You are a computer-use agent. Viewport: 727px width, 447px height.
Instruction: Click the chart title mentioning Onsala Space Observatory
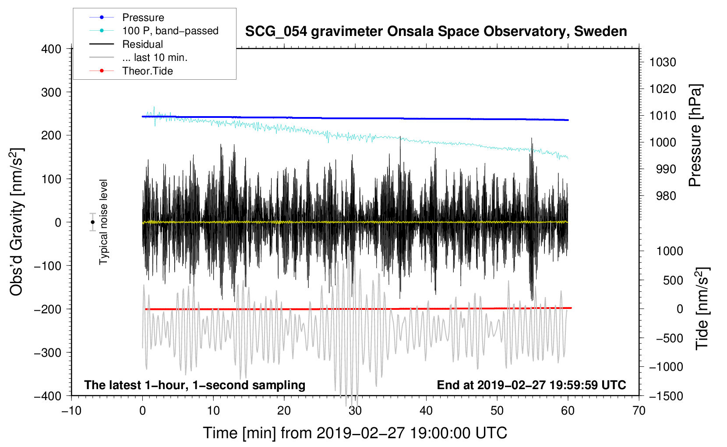coord(436,32)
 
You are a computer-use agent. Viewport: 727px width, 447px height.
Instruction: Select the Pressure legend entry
coord(143,18)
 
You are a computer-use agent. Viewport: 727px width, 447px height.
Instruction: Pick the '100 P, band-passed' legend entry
coord(170,31)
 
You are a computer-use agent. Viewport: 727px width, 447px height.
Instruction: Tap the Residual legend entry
coord(142,44)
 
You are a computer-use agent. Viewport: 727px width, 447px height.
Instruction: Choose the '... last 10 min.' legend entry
coord(155,57)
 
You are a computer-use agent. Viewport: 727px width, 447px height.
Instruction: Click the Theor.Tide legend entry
coord(148,71)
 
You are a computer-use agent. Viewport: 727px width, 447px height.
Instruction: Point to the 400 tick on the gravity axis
coord(51,49)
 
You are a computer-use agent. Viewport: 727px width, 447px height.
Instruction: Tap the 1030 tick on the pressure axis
coord(663,62)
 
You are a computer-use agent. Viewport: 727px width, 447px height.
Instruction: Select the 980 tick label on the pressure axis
coord(666,196)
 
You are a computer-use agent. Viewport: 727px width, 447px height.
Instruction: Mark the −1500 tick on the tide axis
coord(666,396)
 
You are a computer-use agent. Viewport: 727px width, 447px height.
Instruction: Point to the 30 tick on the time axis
coord(355,411)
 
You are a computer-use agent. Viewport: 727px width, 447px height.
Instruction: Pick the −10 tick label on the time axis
coord(71,411)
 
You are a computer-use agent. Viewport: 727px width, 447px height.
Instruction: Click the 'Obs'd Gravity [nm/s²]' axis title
coord(17,222)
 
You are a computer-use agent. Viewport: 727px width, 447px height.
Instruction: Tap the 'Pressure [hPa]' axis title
coord(695,135)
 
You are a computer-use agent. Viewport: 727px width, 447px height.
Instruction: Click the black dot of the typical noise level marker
coord(92,222)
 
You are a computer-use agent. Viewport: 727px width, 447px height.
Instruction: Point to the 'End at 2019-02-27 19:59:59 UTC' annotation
coord(531,385)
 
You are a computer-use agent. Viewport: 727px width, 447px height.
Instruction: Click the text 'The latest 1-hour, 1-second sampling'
coord(195,385)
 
